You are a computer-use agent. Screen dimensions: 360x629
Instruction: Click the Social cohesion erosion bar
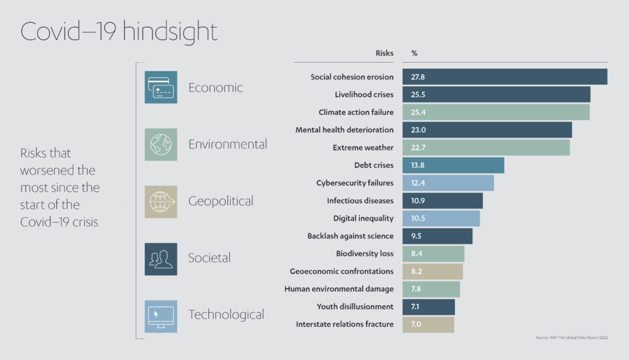(504, 77)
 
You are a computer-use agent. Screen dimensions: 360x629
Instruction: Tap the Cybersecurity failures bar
(448, 183)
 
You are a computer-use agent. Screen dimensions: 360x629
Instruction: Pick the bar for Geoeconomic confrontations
(432, 272)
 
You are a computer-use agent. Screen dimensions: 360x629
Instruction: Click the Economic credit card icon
(160, 87)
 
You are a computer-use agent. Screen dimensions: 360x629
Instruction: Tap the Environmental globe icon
(160, 144)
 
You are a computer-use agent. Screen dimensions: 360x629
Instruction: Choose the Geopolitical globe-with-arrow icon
(160, 202)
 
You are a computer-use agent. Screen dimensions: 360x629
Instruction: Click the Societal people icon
(160, 259)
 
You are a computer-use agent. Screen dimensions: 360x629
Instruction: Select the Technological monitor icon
(160, 316)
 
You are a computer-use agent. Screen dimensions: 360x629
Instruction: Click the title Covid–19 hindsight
(119, 32)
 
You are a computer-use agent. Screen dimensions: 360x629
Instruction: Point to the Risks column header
(384, 53)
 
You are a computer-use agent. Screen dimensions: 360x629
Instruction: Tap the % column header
(414, 53)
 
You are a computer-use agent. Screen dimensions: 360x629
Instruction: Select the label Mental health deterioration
(344, 130)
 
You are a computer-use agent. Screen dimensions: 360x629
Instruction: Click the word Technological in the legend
(226, 315)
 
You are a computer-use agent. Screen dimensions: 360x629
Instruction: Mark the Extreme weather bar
(486, 148)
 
